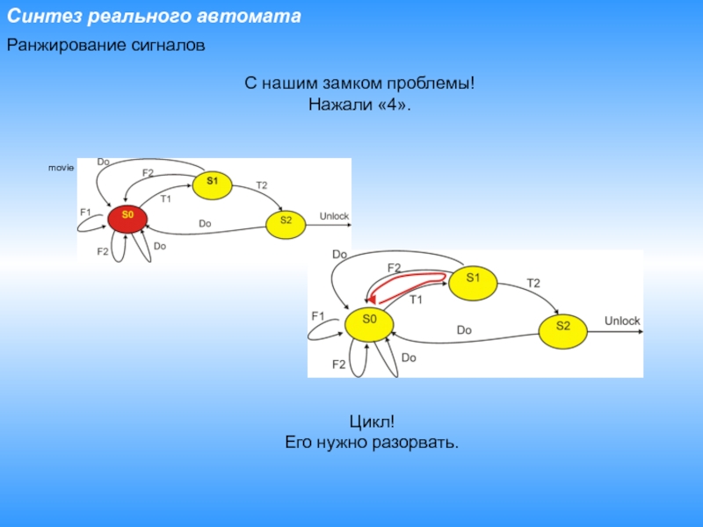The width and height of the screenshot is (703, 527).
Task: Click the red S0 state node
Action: (127, 214)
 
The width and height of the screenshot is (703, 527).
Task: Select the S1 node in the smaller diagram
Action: (211, 182)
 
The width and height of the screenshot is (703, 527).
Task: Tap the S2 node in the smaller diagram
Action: (286, 220)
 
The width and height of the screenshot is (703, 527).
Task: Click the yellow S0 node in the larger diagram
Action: (369, 320)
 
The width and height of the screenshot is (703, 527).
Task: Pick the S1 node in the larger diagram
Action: (474, 278)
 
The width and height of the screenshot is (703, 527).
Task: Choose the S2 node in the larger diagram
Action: (563, 326)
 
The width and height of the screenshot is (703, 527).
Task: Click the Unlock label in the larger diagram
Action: (622, 321)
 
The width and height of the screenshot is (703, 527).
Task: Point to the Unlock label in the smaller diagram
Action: (334, 217)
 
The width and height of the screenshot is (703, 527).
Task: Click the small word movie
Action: (61, 167)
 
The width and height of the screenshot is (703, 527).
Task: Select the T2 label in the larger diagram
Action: (533, 283)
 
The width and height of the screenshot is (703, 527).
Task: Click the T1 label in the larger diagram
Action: (417, 300)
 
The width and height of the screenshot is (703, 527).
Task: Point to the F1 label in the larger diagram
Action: (318, 315)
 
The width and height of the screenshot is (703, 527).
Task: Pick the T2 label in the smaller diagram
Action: (261, 185)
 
